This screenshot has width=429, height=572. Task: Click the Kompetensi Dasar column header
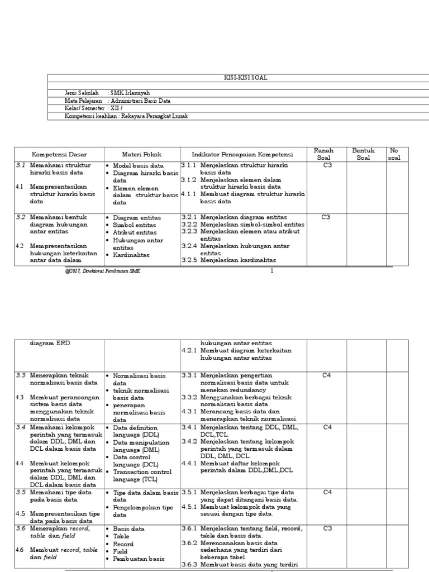click(x=59, y=154)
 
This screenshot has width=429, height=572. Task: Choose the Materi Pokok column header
click(x=141, y=154)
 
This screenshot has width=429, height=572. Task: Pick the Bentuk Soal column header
click(x=364, y=154)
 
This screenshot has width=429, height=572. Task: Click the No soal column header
click(x=394, y=154)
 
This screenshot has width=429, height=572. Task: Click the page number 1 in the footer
click(x=272, y=271)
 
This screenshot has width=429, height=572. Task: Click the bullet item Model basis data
click(x=139, y=166)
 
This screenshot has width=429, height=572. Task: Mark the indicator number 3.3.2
click(x=190, y=397)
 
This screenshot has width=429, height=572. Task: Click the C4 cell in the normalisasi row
click(x=327, y=375)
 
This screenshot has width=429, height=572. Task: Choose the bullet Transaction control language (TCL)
click(x=142, y=475)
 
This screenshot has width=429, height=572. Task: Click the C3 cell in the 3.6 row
click(x=327, y=528)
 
